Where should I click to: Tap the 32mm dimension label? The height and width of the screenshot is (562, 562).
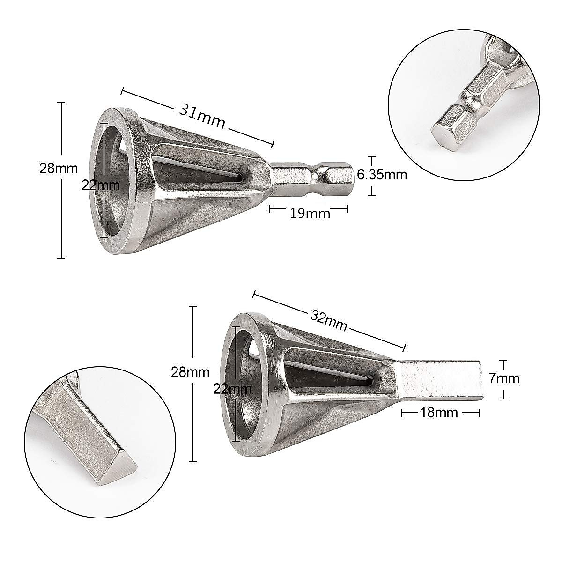(329, 320)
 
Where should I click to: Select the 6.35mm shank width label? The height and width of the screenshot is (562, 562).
(382, 175)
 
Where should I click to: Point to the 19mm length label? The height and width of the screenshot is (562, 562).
(310, 213)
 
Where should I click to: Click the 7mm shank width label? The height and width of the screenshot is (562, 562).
(504, 378)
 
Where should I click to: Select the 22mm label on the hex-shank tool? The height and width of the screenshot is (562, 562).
(101, 185)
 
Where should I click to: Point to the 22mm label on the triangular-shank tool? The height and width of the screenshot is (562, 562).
(232, 388)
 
